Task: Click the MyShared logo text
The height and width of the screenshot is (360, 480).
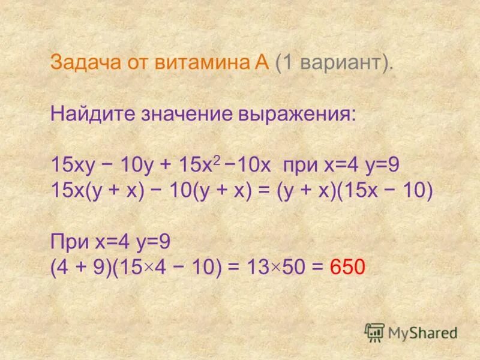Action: [422, 332]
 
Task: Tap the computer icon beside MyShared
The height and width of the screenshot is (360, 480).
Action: [374, 331]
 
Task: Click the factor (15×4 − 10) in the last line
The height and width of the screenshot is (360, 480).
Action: [163, 266]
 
